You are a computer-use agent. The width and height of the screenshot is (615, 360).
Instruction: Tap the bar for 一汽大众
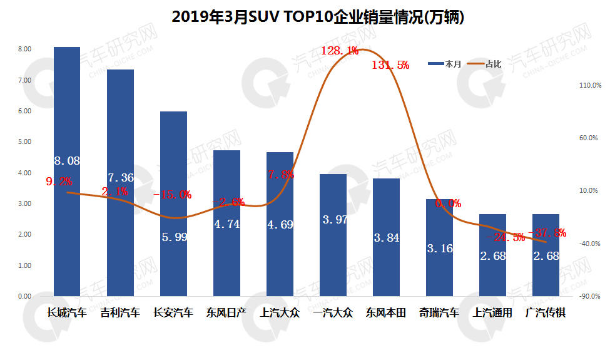pos(333,235)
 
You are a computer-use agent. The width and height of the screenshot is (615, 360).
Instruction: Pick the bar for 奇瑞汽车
pos(439,247)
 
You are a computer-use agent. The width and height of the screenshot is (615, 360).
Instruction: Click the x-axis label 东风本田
pos(386,312)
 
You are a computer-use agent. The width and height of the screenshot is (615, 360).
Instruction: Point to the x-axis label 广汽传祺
pos(546,312)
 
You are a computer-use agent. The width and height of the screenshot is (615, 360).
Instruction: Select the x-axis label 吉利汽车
pos(120,312)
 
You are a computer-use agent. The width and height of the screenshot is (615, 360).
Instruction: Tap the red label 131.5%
pos(390,65)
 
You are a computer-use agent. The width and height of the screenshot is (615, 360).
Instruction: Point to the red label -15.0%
pos(172,195)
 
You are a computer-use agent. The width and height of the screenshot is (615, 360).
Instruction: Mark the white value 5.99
pos(173,238)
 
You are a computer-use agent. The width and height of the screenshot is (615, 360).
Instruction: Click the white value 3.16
pos(439,249)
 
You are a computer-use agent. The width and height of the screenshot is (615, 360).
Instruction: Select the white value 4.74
pos(226,224)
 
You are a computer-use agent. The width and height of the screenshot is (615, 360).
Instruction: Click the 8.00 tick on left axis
pos(24,49)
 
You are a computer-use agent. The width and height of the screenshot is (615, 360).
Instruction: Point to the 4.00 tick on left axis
pos(24,173)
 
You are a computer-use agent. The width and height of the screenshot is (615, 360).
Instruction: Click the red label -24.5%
pos(505,237)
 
